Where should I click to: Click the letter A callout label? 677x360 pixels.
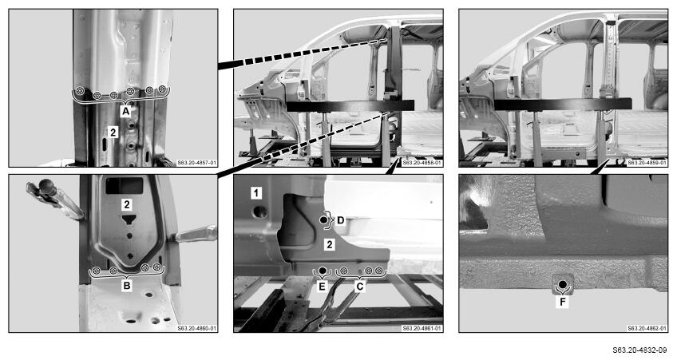coord(125,112)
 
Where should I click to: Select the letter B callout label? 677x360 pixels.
coord(126,285)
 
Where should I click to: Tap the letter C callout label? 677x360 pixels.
coord(359,286)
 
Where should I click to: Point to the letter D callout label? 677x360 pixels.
coord(341,220)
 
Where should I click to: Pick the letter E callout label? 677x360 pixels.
coord(322,286)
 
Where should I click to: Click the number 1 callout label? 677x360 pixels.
coord(256,193)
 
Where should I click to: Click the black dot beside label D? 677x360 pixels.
coord(324,220)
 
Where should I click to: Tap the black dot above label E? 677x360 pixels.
coord(322,271)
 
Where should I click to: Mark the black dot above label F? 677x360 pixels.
coord(563,284)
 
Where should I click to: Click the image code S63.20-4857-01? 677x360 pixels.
coord(197,163)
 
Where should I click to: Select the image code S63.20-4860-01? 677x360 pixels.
coord(197,329)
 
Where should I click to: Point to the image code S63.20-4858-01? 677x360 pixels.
coord(422,163)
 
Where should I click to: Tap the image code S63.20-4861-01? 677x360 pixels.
coord(422,329)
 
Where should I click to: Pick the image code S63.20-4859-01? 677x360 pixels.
coord(647,163)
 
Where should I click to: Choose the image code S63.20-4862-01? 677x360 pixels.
coord(647,329)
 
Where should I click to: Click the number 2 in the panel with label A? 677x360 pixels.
coord(113,132)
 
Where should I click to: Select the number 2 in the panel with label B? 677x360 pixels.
coord(126,204)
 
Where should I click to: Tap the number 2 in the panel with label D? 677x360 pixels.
coord(330,245)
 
